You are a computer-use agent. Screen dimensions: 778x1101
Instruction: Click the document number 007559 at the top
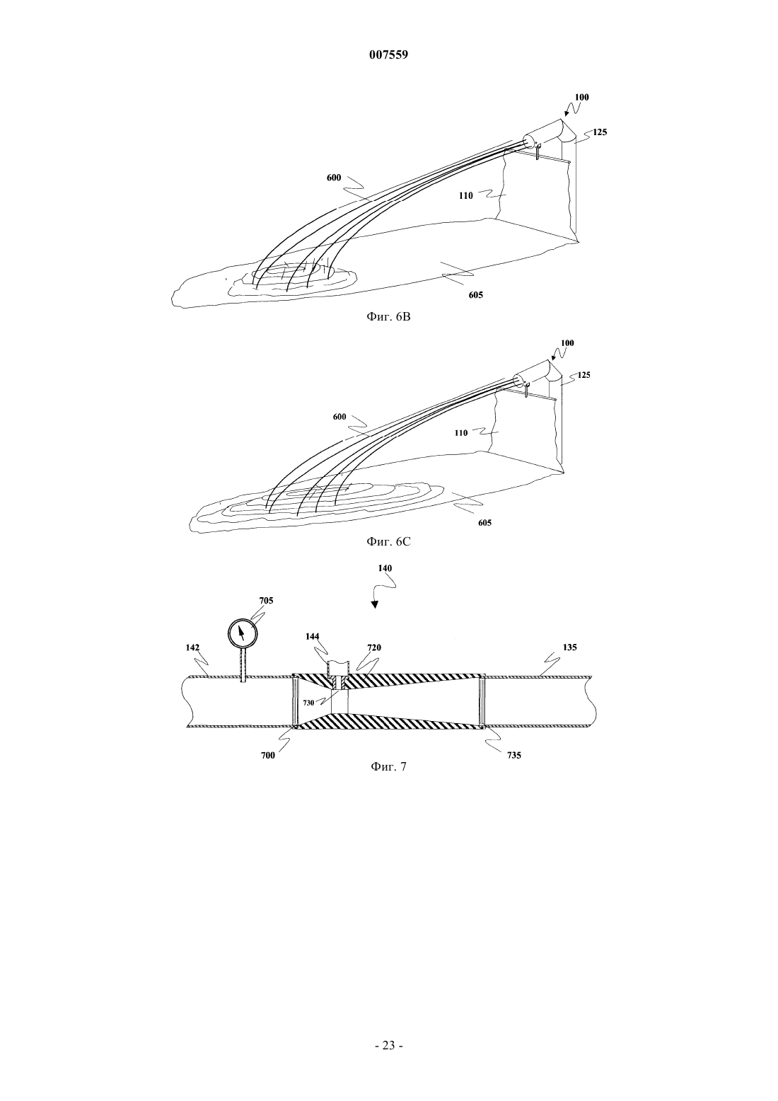(x=388, y=55)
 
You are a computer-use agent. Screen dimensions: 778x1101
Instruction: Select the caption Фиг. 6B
(x=388, y=317)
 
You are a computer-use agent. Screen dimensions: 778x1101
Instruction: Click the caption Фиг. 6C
(x=388, y=541)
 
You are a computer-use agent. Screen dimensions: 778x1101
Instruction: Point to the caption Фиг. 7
(x=388, y=766)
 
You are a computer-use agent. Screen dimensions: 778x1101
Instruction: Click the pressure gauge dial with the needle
(x=243, y=633)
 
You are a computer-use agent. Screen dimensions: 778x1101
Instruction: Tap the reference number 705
(x=266, y=601)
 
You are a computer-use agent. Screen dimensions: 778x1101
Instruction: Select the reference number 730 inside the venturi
(x=308, y=703)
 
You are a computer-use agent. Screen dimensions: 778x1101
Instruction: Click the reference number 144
(x=312, y=637)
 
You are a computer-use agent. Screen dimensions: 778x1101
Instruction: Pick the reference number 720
(x=373, y=648)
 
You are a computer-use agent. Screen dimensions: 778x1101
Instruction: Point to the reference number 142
(x=192, y=648)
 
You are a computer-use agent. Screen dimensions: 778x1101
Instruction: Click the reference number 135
(x=569, y=647)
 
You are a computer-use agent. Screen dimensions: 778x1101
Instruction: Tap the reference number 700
(x=267, y=756)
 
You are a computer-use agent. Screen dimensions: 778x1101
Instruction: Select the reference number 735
(x=513, y=756)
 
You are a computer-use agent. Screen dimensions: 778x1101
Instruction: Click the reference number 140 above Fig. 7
(x=385, y=568)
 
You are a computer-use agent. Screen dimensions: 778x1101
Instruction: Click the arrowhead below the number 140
(x=375, y=605)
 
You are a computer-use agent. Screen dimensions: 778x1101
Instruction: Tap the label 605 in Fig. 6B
(x=475, y=295)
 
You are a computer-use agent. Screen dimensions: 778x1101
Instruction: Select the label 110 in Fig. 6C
(x=460, y=433)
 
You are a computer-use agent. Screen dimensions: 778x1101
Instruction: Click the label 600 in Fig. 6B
(x=334, y=178)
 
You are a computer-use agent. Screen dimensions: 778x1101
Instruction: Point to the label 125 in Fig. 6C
(x=584, y=375)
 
